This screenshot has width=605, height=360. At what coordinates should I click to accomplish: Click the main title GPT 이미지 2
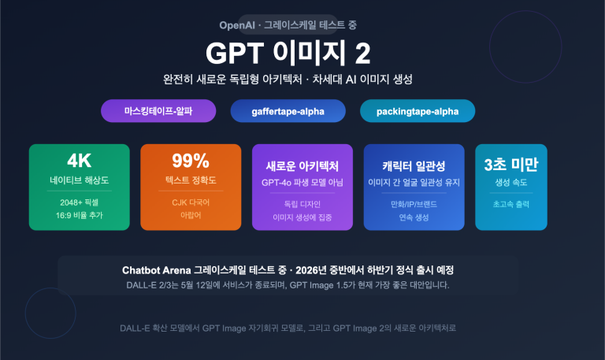[288, 53]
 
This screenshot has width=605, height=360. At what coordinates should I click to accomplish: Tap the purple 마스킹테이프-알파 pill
[158, 111]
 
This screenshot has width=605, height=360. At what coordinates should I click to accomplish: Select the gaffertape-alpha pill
[288, 111]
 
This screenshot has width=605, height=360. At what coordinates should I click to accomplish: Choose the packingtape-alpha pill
[418, 111]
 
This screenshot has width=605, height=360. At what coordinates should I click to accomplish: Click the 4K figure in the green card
[80, 161]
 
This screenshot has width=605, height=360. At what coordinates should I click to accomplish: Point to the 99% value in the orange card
[191, 161]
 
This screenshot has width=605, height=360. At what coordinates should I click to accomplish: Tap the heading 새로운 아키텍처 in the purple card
[302, 166]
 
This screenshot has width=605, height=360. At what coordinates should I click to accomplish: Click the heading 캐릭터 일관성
[414, 166]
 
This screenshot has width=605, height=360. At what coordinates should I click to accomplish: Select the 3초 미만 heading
[511, 164]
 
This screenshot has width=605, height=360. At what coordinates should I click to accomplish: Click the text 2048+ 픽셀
[80, 202]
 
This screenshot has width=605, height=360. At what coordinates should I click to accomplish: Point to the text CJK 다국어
[191, 202]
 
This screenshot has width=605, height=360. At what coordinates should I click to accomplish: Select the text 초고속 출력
[511, 204]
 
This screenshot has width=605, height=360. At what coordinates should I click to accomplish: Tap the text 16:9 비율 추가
[80, 215]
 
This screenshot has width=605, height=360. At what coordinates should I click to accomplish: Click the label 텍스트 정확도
[191, 180]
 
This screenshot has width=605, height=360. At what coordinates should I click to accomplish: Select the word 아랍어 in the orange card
[191, 215]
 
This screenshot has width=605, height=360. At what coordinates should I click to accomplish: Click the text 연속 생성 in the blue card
[414, 217]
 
